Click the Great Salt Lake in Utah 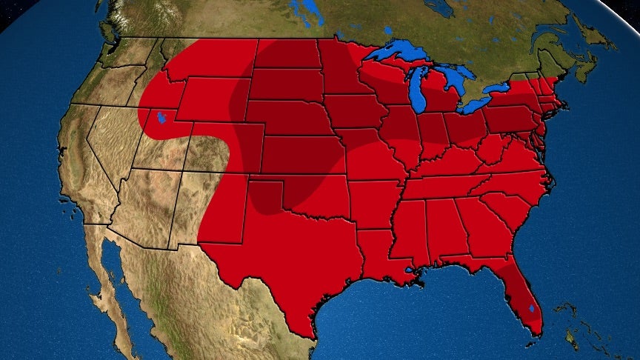161,119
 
